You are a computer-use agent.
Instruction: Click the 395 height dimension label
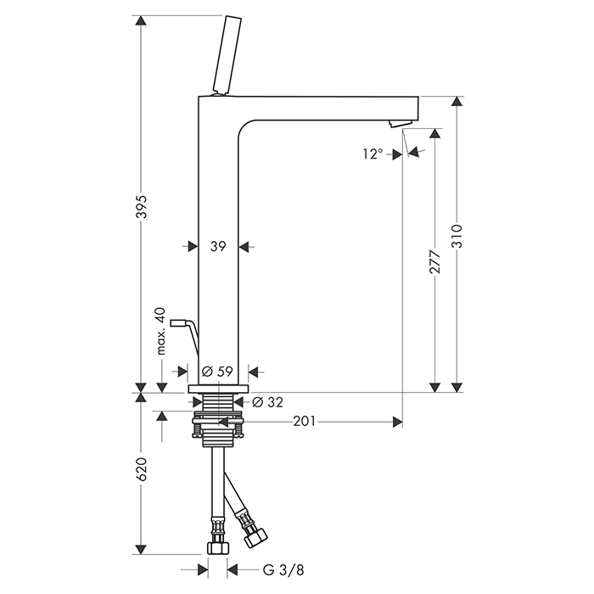pos(142,207)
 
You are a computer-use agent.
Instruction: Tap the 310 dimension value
pos(457,236)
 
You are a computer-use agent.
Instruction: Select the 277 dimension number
pos(435,261)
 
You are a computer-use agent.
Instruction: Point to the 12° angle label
pos(373,154)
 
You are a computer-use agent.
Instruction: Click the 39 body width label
pos(218,247)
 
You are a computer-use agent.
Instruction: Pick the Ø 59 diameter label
pos(217,372)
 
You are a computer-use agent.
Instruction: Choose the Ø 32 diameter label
pos(267,402)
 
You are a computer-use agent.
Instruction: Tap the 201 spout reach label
pos(304,421)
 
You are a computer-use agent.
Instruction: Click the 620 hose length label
pos(142,469)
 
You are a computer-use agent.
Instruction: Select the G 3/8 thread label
pos(283,570)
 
